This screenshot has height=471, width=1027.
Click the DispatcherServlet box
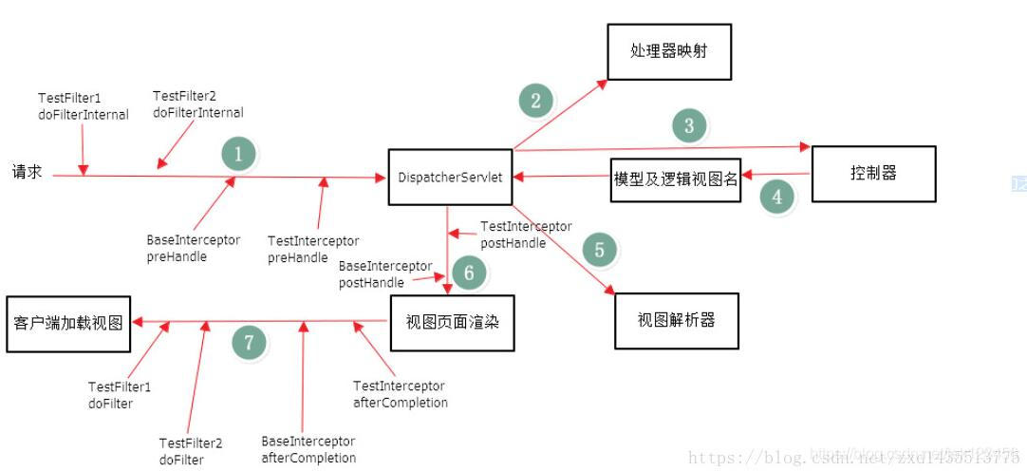[x=450, y=177]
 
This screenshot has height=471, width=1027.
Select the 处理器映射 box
[x=670, y=51]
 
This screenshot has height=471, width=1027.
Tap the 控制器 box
[x=873, y=174]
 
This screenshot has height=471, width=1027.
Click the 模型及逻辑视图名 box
[x=675, y=179]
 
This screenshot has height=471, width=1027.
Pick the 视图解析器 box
[x=676, y=320]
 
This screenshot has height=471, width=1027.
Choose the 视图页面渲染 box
[x=453, y=322]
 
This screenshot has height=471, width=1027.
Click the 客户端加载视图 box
[x=68, y=323]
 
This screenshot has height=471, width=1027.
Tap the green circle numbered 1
[x=238, y=154]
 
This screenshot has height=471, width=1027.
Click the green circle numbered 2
[x=535, y=101]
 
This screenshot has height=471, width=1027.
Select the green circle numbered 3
[x=689, y=125]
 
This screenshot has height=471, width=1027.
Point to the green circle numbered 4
[x=777, y=198]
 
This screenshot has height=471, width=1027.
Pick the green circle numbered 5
[x=599, y=250]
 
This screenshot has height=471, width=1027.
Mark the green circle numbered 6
[x=468, y=273]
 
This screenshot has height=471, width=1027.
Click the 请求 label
[x=27, y=175]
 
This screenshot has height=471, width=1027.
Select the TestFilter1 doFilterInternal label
[x=83, y=106]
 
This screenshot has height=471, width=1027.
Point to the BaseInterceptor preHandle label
[x=194, y=249]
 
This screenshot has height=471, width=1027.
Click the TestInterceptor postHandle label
[x=525, y=235]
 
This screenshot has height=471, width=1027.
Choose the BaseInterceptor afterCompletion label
[x=308, y=450]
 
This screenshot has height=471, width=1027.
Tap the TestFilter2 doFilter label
[x=191, y=452]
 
